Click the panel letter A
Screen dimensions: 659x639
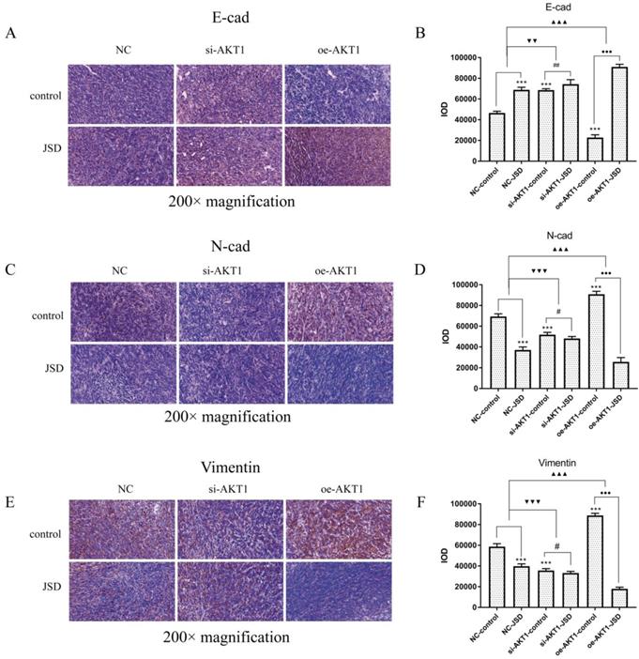pos(10,34)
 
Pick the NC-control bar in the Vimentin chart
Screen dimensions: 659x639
pos(496,577)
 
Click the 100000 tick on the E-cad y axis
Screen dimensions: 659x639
pos(452,56)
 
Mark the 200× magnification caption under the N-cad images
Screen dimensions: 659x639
pos(230,417)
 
